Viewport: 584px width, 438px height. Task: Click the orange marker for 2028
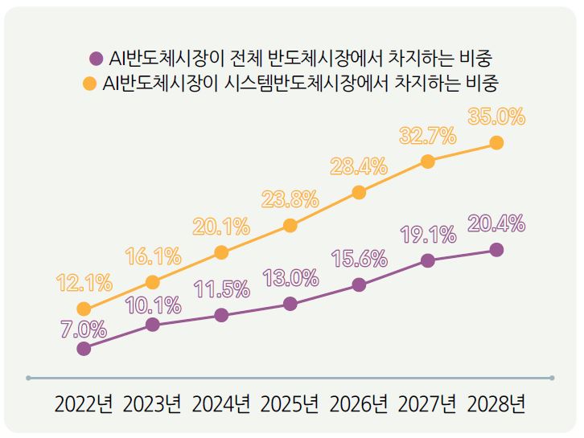[496, 142]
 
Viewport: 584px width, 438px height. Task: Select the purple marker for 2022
[84, 349]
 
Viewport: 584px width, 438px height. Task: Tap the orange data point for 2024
[221, 253]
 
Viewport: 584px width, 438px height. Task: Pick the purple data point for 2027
[428, 260]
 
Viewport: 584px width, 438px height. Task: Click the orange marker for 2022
[84, 309]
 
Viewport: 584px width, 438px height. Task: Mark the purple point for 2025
[290, 304]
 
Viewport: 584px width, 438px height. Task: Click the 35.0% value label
[496, 117]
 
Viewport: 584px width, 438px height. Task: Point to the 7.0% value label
[84, 328]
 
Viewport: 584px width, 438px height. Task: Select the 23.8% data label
[290, 199]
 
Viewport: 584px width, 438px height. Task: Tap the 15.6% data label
[359, 259]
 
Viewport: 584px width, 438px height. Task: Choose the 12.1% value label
[84, 283]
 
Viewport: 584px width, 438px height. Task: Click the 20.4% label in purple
[496, 223]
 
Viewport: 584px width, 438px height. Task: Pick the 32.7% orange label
[428, 136]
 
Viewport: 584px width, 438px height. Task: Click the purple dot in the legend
[96, 58]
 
